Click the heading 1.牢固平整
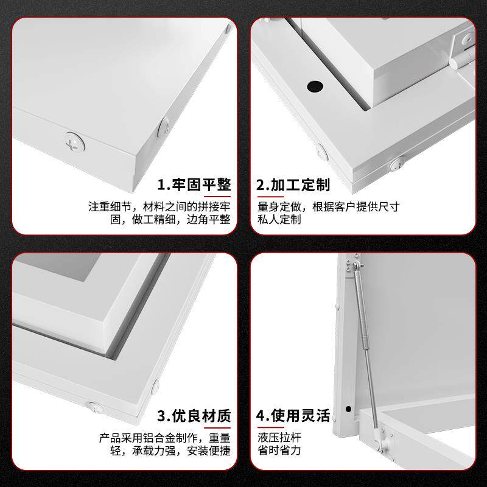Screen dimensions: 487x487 click(194, 185)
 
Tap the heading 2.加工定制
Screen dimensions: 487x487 click(293, 185)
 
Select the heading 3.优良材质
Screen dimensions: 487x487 click(194, 416)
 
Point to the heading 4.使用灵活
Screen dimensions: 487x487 click(293, 416)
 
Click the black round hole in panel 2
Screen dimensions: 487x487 click(315, 86)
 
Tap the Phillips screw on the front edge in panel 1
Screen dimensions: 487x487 click(75, 142)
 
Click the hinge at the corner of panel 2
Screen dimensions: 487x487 click(463, 51)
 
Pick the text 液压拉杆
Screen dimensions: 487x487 click(279, 437)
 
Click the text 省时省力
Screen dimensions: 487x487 click(279, 450)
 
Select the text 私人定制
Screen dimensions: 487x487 click(279, 219)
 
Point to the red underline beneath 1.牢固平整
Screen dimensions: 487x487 click(217, 197)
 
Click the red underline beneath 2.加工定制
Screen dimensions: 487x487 click(270, 197)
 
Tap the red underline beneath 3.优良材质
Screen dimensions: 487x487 click(217, 428)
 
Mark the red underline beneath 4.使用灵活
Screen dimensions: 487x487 click(270, 428)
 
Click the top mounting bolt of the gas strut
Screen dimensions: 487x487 click(357, 265)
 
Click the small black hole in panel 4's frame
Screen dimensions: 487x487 click(348, 409)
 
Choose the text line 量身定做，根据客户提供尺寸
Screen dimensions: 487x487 click(328, 206)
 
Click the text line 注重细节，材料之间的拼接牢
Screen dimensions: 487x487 click(159, 206)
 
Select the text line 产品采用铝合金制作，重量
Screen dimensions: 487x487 click(165, 438)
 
